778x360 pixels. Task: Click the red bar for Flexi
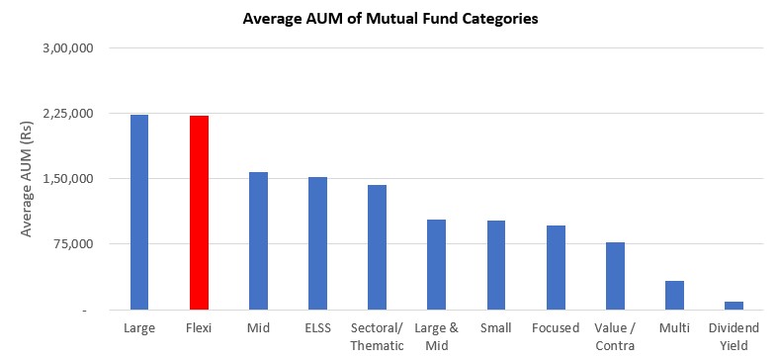click(199, 213)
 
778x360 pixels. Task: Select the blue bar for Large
click(139, 212)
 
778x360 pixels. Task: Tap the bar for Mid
click(258, 241)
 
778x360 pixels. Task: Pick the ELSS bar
click(317, 243)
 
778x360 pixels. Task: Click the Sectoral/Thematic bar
click(377, 247)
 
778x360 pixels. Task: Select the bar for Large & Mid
click(436, 265)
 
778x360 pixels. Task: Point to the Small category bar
click(495, 265)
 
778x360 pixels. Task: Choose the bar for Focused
click(556, 268)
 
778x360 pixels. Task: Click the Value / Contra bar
click(615, 276)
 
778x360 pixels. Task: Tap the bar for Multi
click(674, 296)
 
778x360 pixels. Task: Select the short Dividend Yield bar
click(734, 306)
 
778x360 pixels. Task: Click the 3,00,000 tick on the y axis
click(70, 48)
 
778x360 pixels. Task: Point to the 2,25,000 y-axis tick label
click(70, 114)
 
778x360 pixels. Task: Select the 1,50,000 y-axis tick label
click(70, 179)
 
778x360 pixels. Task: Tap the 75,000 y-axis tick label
click(75, 244)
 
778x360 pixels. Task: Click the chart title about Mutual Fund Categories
click(390, 19)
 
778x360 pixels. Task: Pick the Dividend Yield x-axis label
click(734, 335)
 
